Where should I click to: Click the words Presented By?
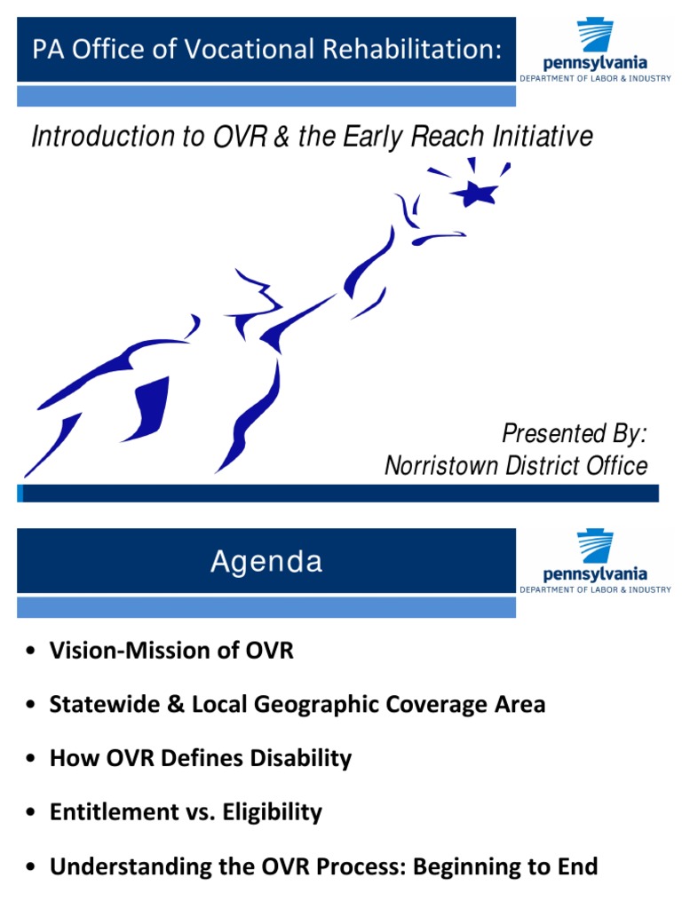tap(575, 434)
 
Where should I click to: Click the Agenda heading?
tap(266, 562)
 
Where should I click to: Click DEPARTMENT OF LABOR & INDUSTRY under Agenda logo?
tap(595, 589)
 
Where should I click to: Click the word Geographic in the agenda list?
tap(305, 705)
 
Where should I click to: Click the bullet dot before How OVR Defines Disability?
tap(31, 760)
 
